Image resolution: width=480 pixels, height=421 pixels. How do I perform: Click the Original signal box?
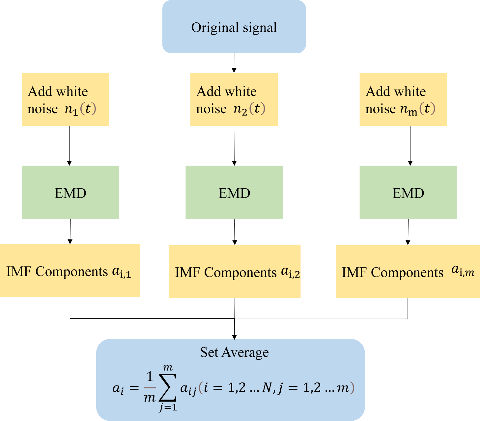(x=234, y=27)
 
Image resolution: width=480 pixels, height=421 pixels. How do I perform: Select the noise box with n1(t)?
(x=65, y=99)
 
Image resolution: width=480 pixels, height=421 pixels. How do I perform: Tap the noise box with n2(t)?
(x=234, y=99)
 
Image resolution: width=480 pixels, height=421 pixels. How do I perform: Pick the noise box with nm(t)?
(x=403, y=99)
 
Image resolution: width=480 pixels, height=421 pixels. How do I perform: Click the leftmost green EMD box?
(x=70, y=192)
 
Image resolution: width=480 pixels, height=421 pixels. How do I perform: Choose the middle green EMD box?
(x=234, y=192)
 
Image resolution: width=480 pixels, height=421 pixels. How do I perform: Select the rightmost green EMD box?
(x=408, y=192)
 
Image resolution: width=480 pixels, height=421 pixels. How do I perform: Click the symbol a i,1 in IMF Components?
(x=122, y=272)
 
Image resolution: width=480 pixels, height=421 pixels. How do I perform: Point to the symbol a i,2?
(x=290, y=272)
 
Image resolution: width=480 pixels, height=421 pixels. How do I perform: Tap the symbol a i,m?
(x=463, y=271)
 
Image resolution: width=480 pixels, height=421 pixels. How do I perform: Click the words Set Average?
(x=234, y=352)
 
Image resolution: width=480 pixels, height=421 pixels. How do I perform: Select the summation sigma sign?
(x=167, y=387)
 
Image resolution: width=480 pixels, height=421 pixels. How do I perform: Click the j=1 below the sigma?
(x=168, y=408)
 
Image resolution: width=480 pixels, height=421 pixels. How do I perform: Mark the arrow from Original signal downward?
(x=234, y=63)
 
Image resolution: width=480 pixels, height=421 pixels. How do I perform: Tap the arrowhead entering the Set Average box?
(x=234, y=337)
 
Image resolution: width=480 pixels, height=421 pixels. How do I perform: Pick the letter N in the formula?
(x=267, y=388)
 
